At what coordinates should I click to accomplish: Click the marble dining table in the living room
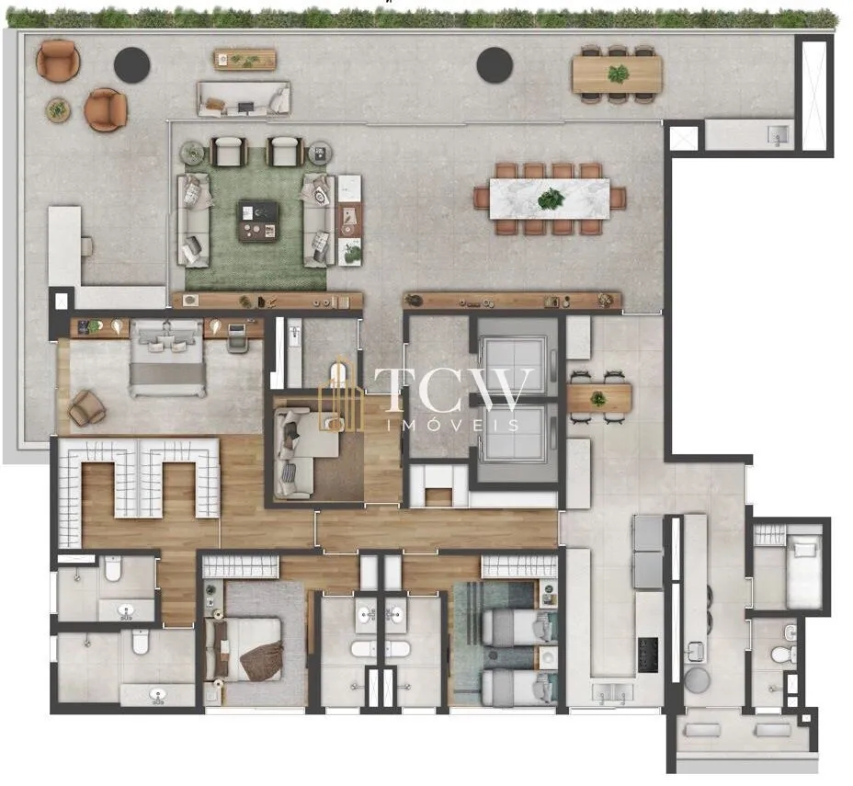[x=550, y=199]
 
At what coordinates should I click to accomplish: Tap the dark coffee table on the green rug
[x=258, y=221]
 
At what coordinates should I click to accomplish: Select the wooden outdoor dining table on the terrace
[x=617, y=74]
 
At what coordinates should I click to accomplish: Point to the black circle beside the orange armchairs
[x=132, y=65]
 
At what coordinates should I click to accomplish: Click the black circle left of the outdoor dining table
[x=495, y=64]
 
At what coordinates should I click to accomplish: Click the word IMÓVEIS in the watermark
[x=452, y=425]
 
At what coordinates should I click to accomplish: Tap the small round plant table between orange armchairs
[x=58, y=110]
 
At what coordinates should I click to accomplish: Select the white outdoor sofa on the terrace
[x=244, y=98]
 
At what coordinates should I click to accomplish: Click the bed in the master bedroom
[x=167, y=358]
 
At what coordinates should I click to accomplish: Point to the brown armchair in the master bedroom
[x=86, y=407]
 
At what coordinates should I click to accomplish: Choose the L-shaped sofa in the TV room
[x=301, y=453]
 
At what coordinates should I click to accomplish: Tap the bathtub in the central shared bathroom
[x=381, y=648]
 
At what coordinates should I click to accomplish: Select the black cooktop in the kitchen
[x=648, y=655]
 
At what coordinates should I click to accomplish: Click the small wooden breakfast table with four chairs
[x=598, y=398]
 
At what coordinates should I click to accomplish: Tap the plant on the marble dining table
[x=552, y=199]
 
